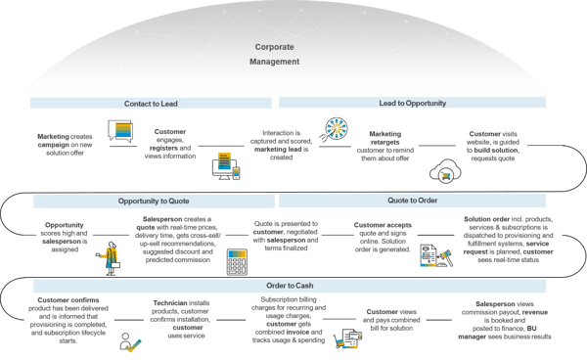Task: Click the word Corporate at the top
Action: tap(274, 47)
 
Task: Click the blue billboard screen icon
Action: tap(123, 131)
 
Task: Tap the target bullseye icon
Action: tap(330, 129)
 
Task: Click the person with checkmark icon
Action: tap(130, 341)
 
